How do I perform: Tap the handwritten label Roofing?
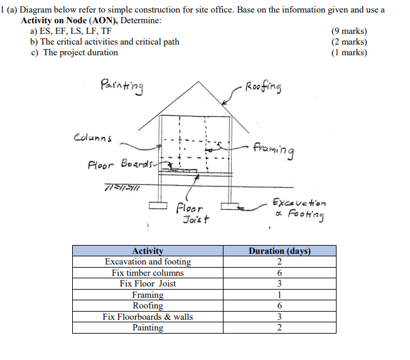click(264, 87)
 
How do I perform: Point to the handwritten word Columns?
click(94, 138)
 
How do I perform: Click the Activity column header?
click(148, 251)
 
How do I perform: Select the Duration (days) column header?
click(279, 251)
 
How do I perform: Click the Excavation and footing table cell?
click(148, 261)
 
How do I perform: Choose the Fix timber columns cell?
click(148, 273)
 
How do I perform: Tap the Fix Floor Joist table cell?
click(148, 283)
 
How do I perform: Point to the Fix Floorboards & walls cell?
click(148, 317)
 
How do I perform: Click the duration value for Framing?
click(279, 295)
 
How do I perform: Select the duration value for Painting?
click(279, 327)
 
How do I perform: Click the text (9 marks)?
click(348, 31)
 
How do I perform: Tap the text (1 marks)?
click(348, 52)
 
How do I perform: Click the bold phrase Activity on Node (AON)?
click(71, 21)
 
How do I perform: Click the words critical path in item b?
click(156, 41)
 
